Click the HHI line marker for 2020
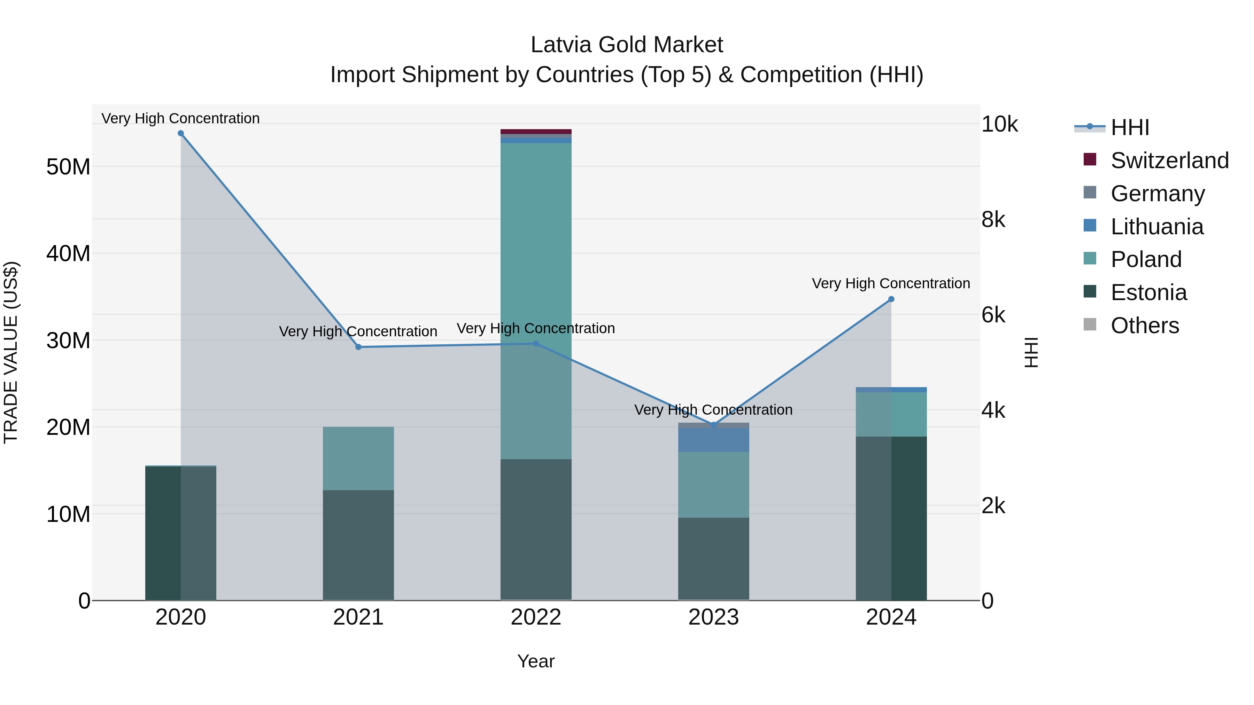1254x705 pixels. click(180, 133)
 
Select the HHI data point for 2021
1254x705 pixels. click(358, 347)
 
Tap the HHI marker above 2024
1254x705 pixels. click(891, 299)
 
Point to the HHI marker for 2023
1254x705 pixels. click(714, 425)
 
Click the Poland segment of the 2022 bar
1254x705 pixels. click(536, 243)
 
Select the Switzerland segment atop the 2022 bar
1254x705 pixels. click(536, 131)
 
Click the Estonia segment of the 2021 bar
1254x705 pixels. click(358, 545)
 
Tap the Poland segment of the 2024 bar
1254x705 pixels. click(891, 414)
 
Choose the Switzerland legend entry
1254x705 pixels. click(1169, 160)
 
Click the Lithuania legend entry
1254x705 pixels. click(1156, 227)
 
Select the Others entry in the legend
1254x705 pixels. click(1145, 326)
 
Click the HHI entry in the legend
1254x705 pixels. click(1129, 127)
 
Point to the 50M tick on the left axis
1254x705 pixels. click(68, 167)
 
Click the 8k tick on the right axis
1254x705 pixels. click(993, 220)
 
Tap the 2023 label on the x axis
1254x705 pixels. click(714, 617)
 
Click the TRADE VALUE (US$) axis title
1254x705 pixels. click(11, 352)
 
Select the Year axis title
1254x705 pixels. click(536, 661)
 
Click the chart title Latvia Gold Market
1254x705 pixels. click(627, 45)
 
